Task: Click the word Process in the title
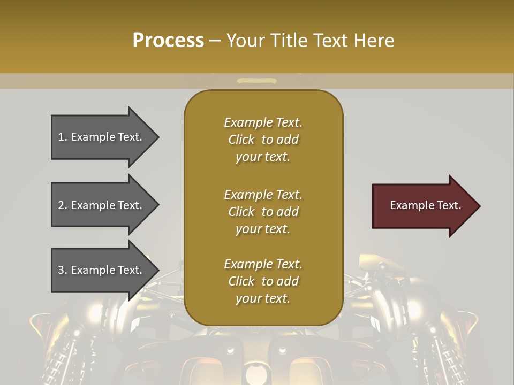168,41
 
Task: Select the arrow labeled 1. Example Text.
102,137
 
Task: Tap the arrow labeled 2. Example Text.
102,205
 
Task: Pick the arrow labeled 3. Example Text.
102,270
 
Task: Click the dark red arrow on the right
423,206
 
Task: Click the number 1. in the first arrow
63,137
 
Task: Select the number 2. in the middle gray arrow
63,205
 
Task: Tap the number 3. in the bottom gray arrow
63,270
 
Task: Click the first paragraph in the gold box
263,140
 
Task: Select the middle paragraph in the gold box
263,212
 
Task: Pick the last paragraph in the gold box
263,281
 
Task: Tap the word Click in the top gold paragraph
241,140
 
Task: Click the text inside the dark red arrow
426,205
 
